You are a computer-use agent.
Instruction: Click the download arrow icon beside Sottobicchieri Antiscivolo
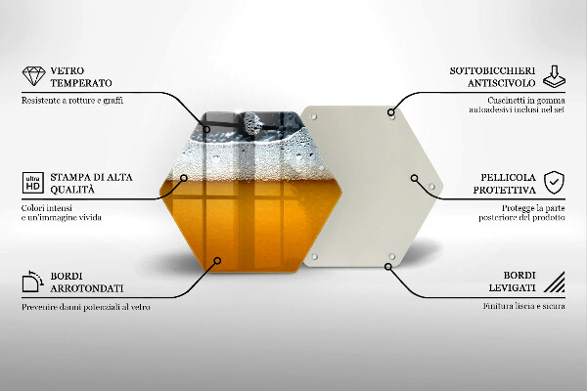[554, 76]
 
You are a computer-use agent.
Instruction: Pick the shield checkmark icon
[554, 182]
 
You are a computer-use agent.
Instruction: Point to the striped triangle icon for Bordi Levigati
[554, 283]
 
